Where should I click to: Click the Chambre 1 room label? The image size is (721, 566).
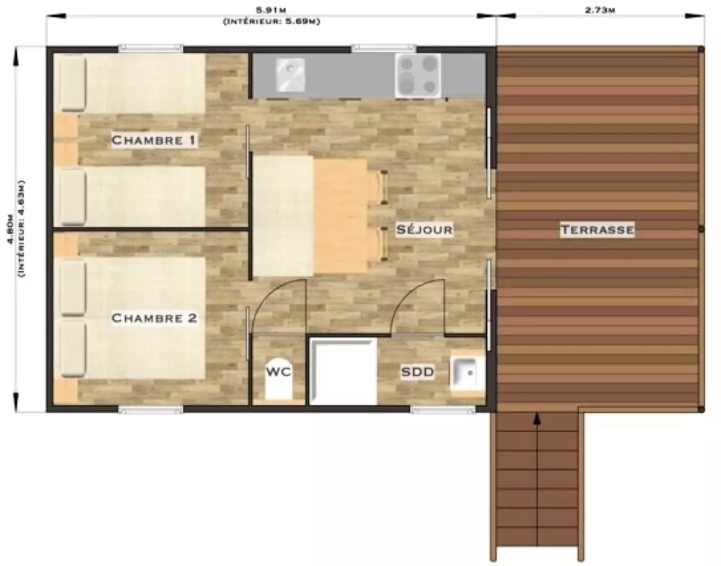(x=154, y=140)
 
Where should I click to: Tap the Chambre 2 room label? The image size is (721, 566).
(x=154, y=318)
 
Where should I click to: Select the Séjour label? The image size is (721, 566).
(x=424, y=229)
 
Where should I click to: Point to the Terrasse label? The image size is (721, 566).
(x=597, y=229)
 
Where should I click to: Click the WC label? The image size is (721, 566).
(x=278, y=371)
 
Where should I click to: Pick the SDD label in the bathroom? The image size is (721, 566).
(x=417, y=371)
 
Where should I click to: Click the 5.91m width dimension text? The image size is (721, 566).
(x=271, y=10)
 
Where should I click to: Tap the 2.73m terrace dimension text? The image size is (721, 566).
(x=600, y=10)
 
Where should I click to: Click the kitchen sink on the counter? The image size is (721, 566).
(x=290, y=74)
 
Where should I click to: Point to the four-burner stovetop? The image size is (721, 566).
(x=417, y=76)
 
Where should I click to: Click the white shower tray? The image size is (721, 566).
(x=343, y=371)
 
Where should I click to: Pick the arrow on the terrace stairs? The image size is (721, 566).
(x=537, y=478)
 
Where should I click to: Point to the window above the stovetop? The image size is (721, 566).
(x=384, y=48)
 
